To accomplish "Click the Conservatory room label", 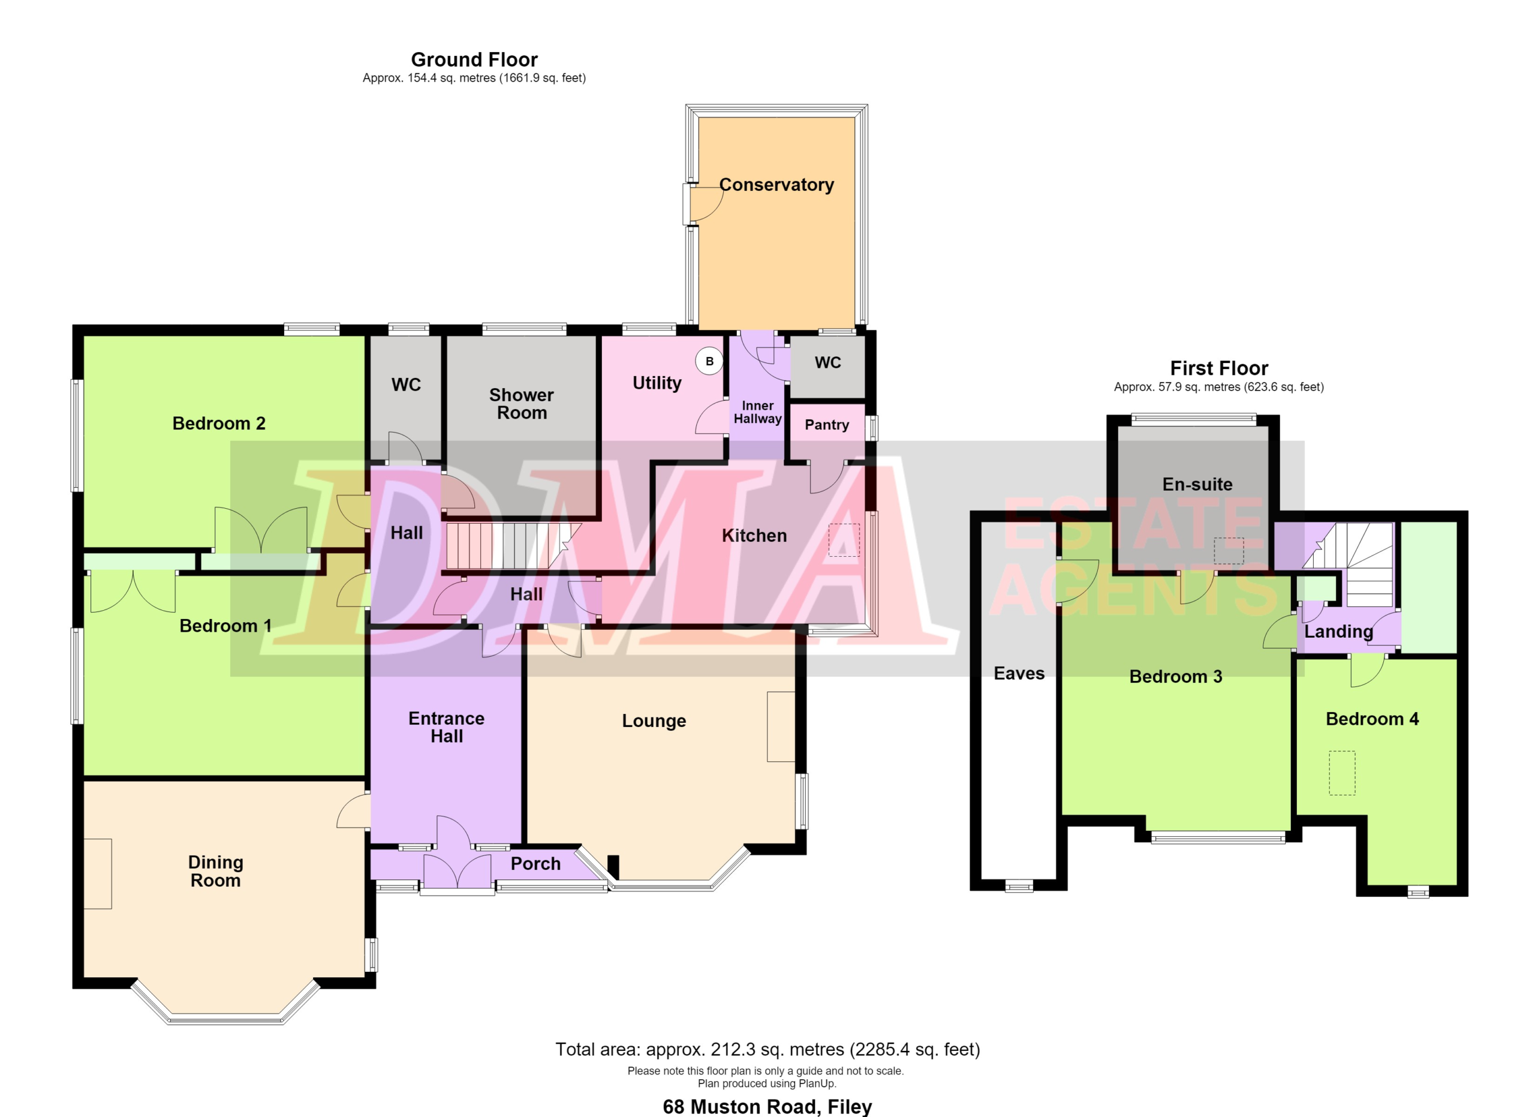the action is (x=776, y=185).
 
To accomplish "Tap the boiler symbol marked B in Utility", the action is (x=709, y=361).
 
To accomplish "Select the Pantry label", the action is (x=826, y=425).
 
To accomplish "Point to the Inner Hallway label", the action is (x=757, y=412).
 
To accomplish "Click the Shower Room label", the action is (x=521, y=404).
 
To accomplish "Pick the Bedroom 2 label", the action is (x=219, y=423).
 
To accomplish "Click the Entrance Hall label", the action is (x=447, y=727).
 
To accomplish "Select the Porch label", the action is (x=535, y=864).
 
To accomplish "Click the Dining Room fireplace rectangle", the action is (x=98, y=873).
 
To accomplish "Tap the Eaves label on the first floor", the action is (x=1019, y=673).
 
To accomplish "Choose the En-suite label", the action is (x=1197, y=484).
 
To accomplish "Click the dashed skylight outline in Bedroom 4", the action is (x=1342, y=773).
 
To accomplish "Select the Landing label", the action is (x=1339, y=632).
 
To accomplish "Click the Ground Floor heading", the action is (x=474, y=59).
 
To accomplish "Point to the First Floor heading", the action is (x=1219, y=368).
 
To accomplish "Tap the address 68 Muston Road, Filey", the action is (x=767, y=1106).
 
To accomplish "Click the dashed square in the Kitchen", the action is (x=844, y=539).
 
